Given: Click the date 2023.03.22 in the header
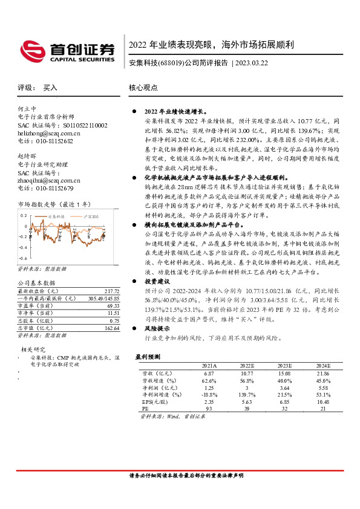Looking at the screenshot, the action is click(x=252, y=63).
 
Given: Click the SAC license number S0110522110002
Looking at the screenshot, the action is click(x=80, y=125).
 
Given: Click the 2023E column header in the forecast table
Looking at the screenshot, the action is click(x=284, y=366).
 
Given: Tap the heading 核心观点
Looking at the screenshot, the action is click(x=143, y=87).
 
